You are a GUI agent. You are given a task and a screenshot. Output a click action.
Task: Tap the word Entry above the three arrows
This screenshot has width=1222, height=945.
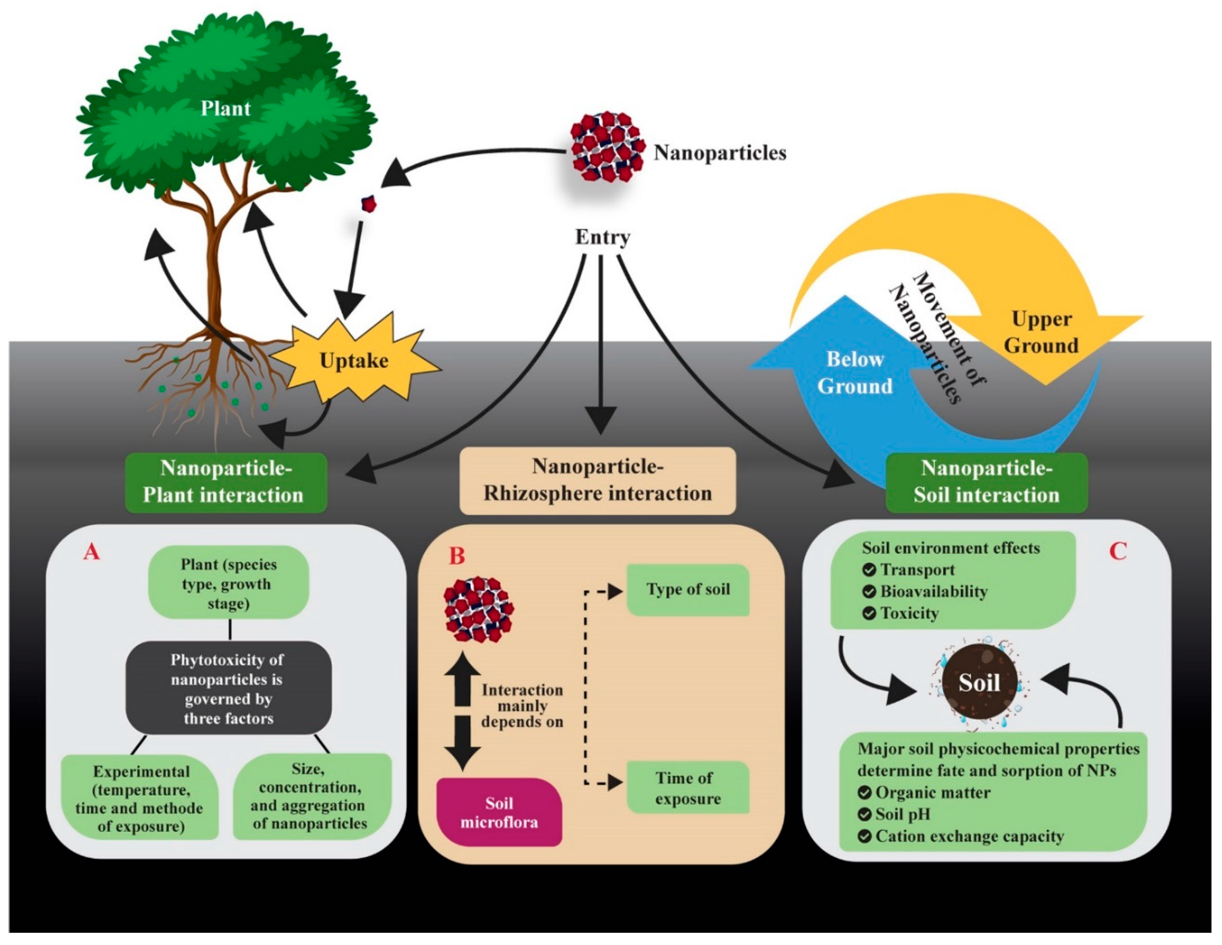coord(603,237)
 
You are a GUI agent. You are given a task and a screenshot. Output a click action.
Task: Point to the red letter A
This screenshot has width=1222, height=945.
coord(91,553)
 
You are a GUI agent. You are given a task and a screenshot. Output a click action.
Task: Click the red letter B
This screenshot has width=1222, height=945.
coord(457,556)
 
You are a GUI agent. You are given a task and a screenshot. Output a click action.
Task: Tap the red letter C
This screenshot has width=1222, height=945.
coord(1118,552)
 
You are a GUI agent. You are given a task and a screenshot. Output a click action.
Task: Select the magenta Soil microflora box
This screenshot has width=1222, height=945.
coord(499,812)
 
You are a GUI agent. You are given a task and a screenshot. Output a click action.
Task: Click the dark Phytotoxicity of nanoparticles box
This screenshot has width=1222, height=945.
coord(228,688)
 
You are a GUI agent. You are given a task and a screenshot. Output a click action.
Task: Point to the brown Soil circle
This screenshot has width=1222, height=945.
coord(979,683)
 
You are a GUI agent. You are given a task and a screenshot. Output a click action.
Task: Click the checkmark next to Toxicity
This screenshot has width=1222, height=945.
coord(869,613)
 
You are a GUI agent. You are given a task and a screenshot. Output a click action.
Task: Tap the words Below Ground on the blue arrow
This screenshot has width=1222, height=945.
coord(855,372)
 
